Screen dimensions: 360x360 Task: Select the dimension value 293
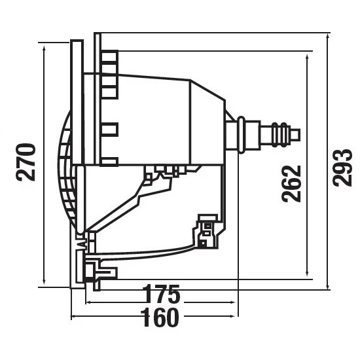click(342, 168)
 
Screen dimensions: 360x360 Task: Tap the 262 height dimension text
click(292, 183)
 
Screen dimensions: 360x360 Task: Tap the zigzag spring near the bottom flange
click(82, 245)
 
